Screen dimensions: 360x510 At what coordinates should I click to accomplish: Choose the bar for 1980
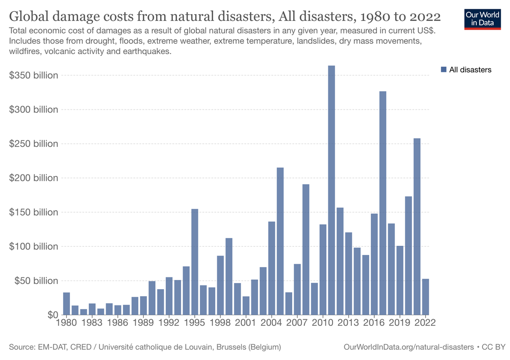(x=66, y=303)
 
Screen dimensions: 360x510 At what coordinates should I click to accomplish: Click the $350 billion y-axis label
(x=34, y=75)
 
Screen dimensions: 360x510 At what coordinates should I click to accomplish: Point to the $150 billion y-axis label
(x=34, y=212)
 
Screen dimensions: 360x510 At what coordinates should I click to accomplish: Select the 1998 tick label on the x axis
(x=220, y=323)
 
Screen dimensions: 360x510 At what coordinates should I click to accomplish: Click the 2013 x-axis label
(x=348, y=323)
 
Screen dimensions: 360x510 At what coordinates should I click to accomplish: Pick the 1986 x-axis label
(x=118, y=323)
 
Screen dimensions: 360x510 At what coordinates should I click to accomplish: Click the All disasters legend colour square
(x=443, y=69)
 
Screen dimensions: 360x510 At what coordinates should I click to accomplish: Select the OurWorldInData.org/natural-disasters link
(x=409, y=347)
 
